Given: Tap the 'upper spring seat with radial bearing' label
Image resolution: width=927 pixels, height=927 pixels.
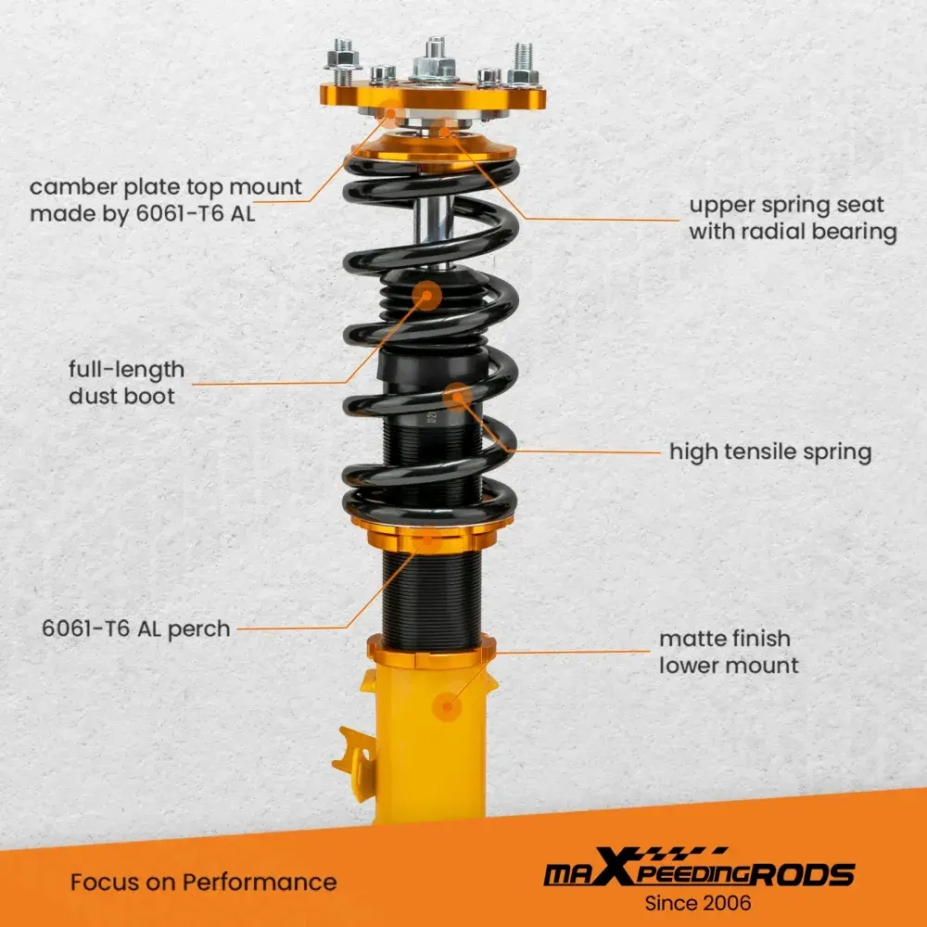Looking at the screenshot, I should (792, 218).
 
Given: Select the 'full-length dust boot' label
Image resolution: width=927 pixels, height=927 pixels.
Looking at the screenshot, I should (126, 383).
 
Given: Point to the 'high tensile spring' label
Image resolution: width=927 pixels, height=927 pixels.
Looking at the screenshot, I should (770, 452).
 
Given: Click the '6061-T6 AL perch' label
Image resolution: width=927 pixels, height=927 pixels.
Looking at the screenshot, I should (136, 629).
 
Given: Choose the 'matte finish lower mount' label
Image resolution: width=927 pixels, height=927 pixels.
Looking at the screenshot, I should (728, 652).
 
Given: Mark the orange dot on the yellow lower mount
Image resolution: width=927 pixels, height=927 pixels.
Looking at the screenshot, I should (450, 706).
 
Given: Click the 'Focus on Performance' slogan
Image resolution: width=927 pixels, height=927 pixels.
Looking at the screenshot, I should (203, 881).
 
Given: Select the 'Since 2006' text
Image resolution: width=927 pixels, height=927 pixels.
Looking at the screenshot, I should (698, 902).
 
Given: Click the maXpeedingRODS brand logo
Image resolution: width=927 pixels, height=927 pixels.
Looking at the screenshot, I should (698, 872).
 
